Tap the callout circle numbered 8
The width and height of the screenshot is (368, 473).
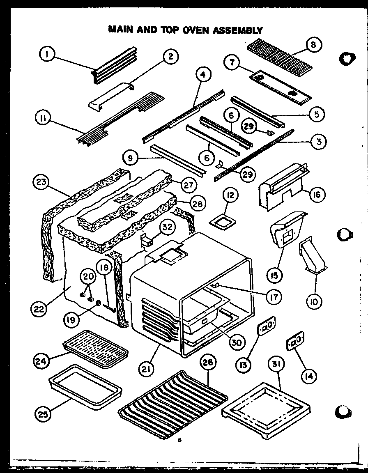[313, 45]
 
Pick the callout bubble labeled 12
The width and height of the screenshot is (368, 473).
[231, 196]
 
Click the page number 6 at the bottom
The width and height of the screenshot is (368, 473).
[179, 441]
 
